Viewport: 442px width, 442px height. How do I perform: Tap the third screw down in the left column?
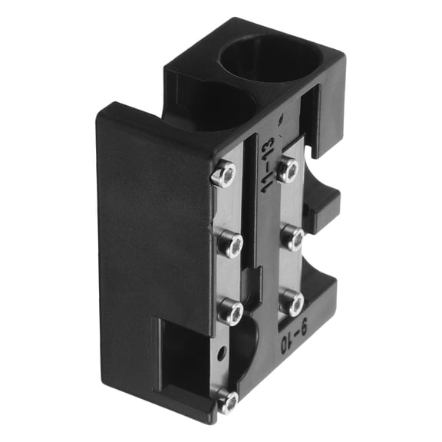[x=229, y=310]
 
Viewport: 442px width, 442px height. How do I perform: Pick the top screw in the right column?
[x=288, y=169]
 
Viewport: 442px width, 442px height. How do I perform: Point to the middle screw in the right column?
[x=292, y=239]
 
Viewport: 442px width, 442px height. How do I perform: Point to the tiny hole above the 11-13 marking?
[x=282, y=119]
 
